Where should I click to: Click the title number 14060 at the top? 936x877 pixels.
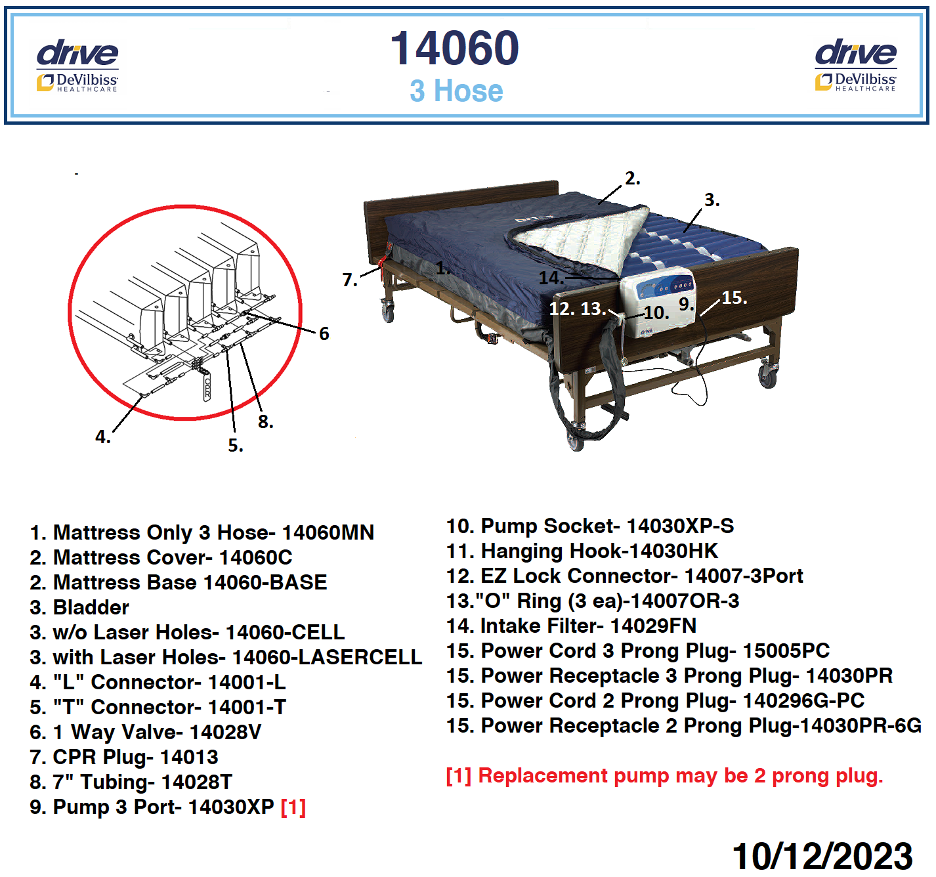[x=455, y=48]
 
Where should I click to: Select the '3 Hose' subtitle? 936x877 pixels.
[x=456, y=91]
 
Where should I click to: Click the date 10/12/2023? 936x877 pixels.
[x=822, y=856]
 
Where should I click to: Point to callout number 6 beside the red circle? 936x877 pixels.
[x=324, y=334]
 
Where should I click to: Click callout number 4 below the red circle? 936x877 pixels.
[x=103, y=437]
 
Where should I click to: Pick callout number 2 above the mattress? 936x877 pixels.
[x=633, y=179]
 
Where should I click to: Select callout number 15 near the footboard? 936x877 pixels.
[x=734, y=297]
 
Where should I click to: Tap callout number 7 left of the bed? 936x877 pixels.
[x=350, y=280]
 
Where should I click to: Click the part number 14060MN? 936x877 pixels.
[x=328, y=532]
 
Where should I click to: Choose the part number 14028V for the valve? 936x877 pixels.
[x=224, y=732]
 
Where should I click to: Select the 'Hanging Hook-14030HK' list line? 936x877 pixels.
[x=582, y=551]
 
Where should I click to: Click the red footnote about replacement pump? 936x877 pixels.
[x=664, y=776]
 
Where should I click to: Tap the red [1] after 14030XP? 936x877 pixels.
[x=293, y=807]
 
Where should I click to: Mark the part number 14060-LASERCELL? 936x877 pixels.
[x=328, y=657]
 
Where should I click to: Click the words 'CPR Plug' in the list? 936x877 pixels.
[x=103, y=758]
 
